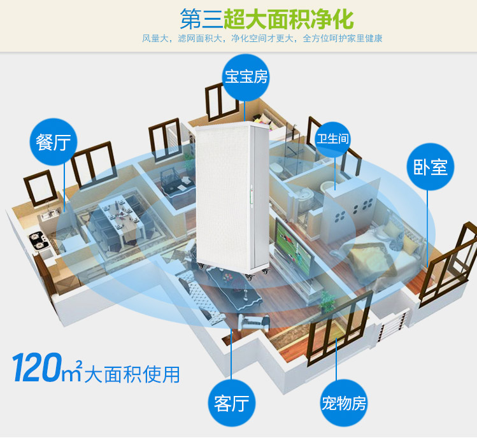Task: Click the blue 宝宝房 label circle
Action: pos(246,77)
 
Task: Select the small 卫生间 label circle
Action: pos(333,138)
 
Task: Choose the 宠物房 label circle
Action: pos(343,402)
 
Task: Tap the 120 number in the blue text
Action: pos(38,371)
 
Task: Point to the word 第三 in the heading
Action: pos(201,19)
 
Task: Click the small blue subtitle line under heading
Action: pos(262,39)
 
